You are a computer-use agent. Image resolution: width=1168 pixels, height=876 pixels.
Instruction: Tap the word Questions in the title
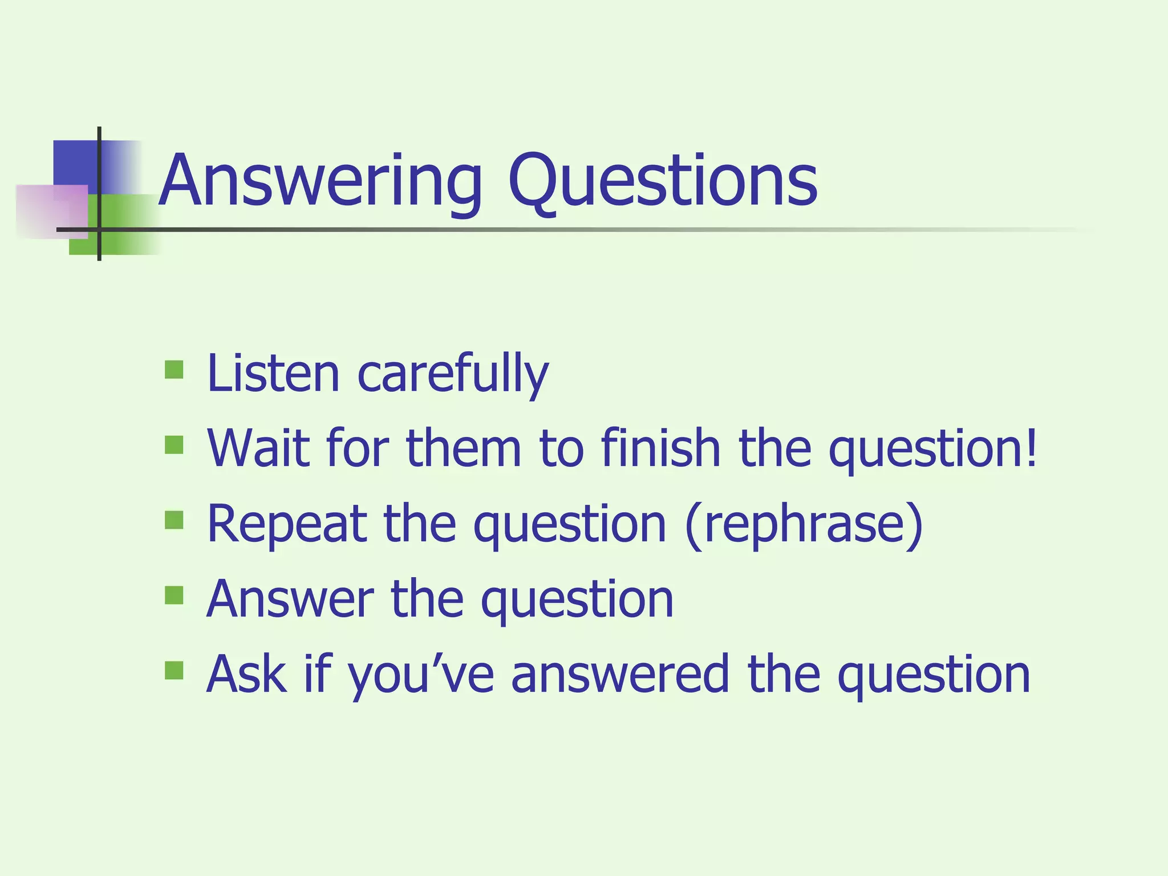click(663, 181)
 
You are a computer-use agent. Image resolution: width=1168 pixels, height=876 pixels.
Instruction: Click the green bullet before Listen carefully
click(174, 370)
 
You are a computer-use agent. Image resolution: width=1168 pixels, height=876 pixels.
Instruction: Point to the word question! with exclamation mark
click(932, 451)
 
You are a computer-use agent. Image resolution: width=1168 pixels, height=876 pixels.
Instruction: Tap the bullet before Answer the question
click(174, 595)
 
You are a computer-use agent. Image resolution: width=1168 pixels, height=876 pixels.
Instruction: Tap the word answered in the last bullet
click(620, 674)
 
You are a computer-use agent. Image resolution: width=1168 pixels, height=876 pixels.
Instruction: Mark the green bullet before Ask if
click(174, 671)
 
